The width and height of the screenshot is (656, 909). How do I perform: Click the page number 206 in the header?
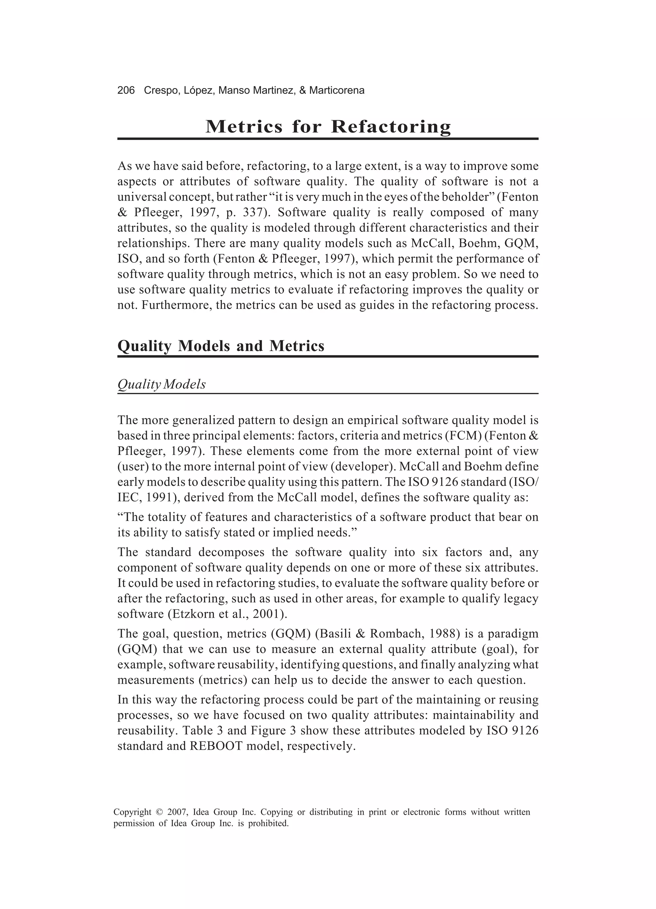pyautogui.click(x=126, y=91)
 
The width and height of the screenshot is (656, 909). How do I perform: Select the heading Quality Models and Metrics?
pyautogui.click(x=221, y=346)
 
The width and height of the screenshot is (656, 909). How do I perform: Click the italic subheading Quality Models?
pyautogui.click(x=161, y=384)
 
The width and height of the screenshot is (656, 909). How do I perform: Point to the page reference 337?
pyautogui.click(x=254, y=212)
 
